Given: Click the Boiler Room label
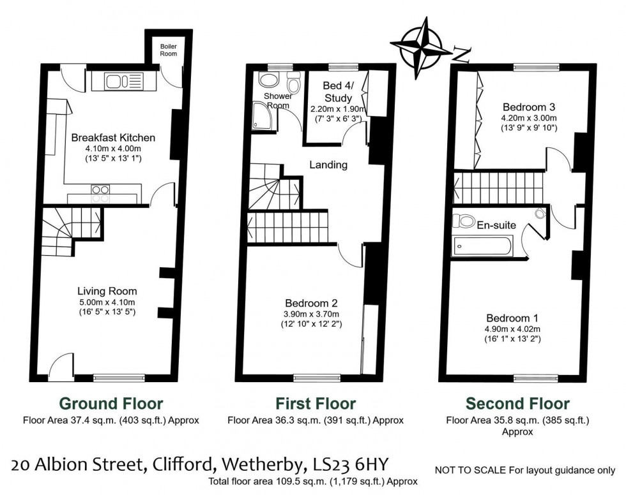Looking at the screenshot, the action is click(x=169, y=50).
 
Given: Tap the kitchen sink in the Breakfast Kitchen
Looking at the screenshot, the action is click(x=124, y=82).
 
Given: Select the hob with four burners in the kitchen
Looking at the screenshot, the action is click(x=101, y=194).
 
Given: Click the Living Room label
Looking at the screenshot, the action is click(x=107, y=292).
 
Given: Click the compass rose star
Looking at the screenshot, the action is click(x=421, y=48).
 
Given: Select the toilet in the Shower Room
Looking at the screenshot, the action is click(x=294, y=82).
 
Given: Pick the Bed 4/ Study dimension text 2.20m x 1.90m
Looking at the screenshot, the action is click(x=338, y=109).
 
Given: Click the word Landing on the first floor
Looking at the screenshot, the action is click(x=328, y=165).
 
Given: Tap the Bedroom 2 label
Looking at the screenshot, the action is click(x=312, y=303).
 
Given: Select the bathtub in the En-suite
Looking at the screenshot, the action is click(x=482, y=246).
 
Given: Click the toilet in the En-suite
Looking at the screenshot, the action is click(x=462, y=221).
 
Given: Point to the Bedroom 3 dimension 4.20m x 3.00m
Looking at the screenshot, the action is click(x=529, y=118).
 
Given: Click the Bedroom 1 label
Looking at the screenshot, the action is click(x=512, y=318).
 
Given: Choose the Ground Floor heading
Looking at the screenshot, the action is click(x=111, y=404).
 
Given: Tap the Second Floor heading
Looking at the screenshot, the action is click(x=517, y=404).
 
